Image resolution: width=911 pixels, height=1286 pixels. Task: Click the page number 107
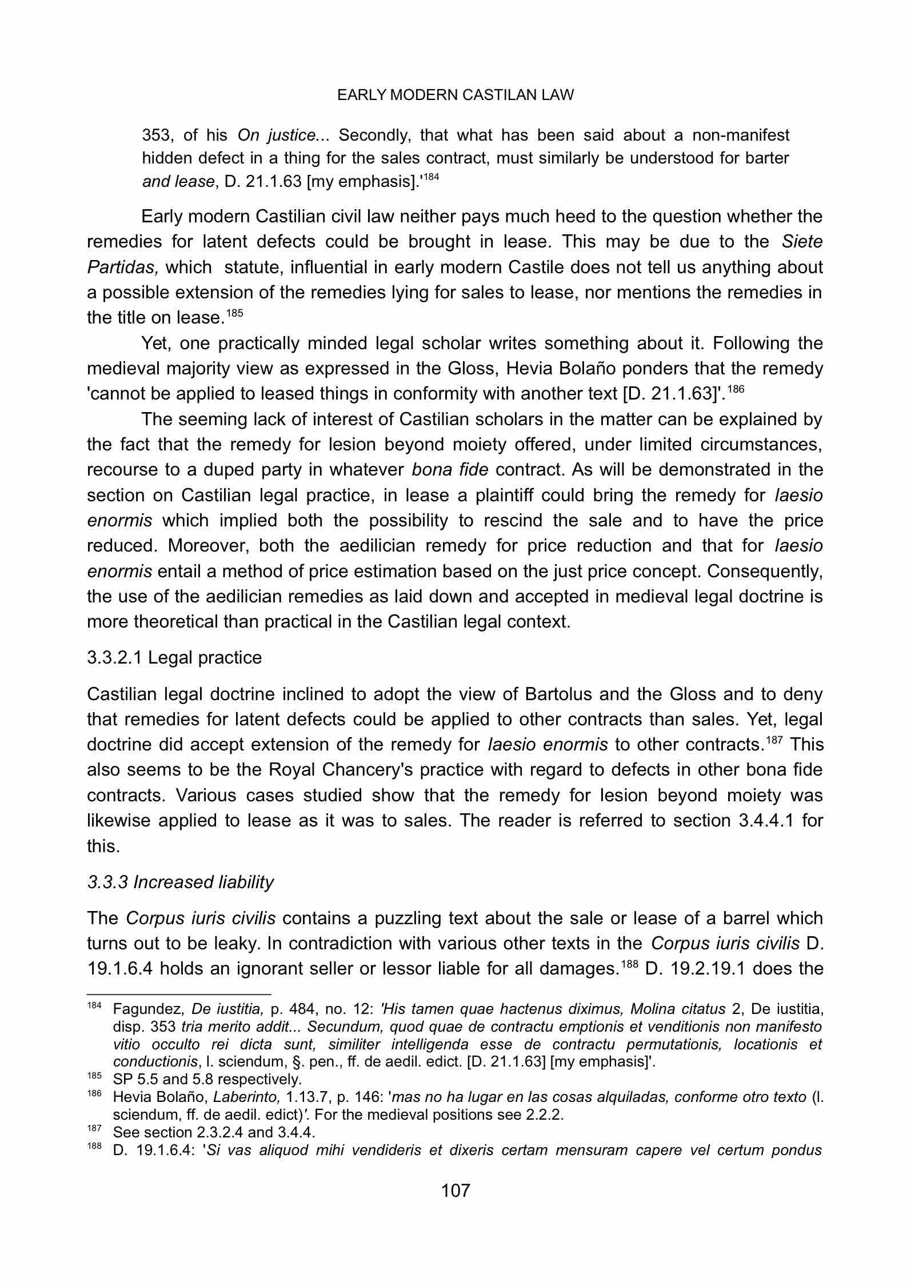pyautogui.click(x=455, y=1191)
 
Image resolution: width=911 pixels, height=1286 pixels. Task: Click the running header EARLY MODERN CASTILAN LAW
pyautogui.click(x=455, y=95)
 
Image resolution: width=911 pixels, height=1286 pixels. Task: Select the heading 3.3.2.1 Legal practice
pyautogui.click(x=174, y=657)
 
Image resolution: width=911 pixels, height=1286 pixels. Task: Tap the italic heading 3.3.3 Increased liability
pyautogui.click(x=180, y=882)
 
